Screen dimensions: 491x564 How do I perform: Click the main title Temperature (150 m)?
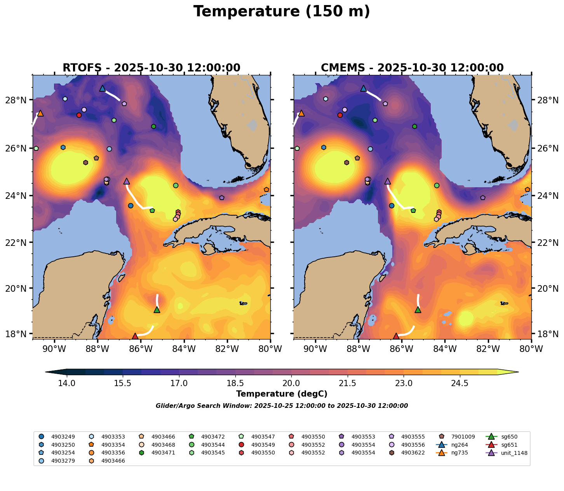282,12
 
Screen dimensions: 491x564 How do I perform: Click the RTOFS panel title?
151,68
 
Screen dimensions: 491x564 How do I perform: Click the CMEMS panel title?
412,68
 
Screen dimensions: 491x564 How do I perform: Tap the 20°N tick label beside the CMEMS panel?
546,288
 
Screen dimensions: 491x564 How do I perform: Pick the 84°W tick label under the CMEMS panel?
445,349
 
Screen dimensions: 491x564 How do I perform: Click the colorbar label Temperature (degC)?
282,394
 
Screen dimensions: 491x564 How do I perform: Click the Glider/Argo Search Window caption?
282,406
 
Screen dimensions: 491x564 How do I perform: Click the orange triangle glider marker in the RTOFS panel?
40,113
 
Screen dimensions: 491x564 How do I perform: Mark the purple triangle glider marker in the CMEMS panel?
387,181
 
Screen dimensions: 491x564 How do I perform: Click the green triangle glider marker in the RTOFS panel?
157,310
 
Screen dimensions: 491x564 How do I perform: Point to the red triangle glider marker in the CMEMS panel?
396,336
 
